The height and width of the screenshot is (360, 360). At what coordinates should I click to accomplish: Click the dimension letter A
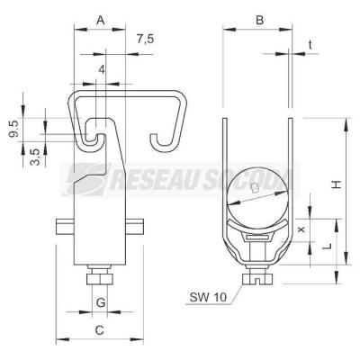tap(101, 21)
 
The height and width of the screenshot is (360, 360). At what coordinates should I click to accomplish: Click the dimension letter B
tap(259, 21)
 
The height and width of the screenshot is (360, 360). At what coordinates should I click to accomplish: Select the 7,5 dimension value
tap(146, 40)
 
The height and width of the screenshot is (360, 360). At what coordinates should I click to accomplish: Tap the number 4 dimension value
tap(102, 70)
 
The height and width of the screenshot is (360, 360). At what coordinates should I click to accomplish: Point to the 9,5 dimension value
tap(13, 129)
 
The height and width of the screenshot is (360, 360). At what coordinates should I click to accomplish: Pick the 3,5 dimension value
tap(35, 157)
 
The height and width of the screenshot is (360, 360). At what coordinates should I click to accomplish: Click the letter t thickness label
tap(310, 45)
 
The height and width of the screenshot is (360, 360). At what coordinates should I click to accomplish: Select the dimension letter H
tap(337, 184)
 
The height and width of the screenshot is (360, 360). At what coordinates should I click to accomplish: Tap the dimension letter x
tap(301, 229)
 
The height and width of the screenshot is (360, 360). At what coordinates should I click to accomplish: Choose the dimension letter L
tap(328, 247)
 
